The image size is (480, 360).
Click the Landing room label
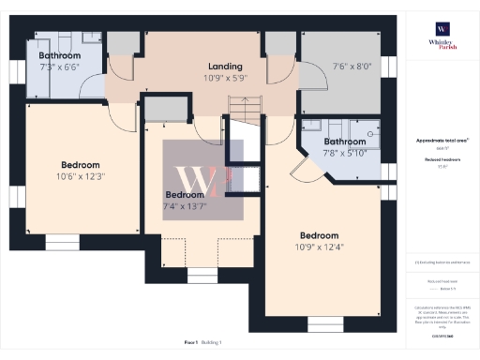tap(224, 67)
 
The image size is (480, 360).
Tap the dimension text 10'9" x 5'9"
tap(224, 78)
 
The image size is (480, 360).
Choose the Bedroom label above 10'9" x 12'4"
tap(319, 235)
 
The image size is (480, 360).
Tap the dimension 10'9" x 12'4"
tap(319, 247)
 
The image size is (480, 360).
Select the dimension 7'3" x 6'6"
tap(58, 68)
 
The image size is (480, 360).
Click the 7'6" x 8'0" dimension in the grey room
tap(352, 67)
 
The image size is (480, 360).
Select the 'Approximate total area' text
tap(442, 141)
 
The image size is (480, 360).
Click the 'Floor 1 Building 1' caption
tap(203, 343)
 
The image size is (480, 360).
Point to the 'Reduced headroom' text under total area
tap(441, 160)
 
